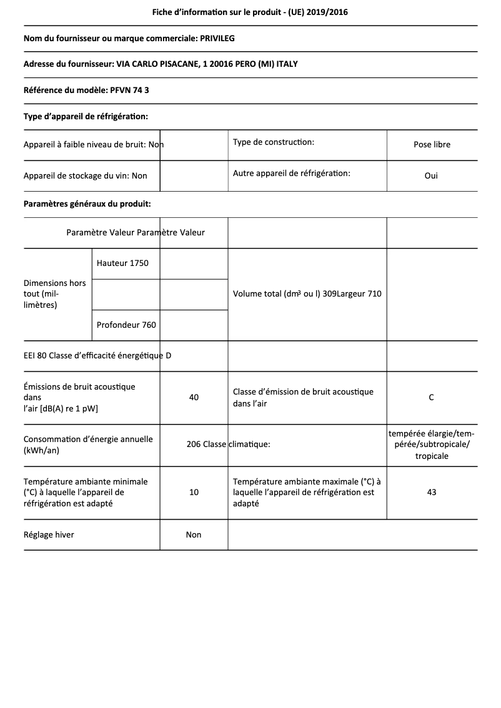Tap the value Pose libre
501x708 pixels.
(x=432, y=144)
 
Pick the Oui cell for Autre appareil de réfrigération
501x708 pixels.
(x=431, y=175)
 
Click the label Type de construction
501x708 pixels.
(x=273, y=142)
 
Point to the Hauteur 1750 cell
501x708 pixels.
(x=122, y=263)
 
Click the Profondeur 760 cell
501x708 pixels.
(x=126, y=325)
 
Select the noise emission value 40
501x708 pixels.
(x=194, y=397)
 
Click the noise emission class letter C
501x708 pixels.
(x=431, y=397)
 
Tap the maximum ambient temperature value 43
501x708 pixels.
(x=431, y=492)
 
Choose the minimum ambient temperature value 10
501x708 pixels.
(x=194, y=492)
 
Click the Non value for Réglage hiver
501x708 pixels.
(x=194, y=534)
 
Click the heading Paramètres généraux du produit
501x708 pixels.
(x=87, y=204)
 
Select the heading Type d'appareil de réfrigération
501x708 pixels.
(x=86, y=116)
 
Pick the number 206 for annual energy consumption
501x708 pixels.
(x=194, y=445)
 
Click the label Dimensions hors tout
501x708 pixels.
(x=54, y=293)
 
